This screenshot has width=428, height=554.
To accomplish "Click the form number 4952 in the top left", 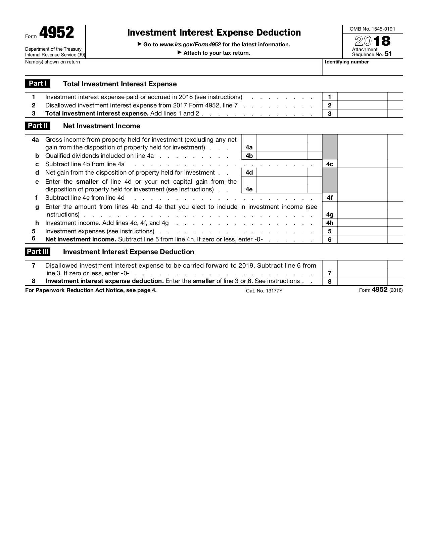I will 56,33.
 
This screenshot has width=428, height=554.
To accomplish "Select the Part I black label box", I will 38,84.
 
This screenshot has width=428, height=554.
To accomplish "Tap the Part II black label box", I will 38,126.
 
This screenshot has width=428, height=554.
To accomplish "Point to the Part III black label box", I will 38,251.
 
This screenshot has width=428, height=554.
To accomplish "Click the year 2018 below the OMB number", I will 373,41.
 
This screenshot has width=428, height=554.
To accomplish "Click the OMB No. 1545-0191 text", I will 372,29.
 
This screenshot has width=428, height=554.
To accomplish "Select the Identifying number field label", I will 347,62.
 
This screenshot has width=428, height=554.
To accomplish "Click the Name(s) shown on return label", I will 52,62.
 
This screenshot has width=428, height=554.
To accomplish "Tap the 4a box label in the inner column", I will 249,147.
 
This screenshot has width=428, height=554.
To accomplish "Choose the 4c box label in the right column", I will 330,164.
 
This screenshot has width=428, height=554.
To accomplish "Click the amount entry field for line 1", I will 362,97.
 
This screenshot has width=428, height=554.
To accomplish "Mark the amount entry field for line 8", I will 362,281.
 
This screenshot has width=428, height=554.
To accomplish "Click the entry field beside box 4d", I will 282,172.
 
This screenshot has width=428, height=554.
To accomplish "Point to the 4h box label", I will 330,223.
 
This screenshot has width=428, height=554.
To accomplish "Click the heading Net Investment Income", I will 101,126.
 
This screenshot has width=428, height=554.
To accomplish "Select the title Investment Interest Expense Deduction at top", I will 214,33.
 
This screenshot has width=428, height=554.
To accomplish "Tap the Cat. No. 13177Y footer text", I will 264,291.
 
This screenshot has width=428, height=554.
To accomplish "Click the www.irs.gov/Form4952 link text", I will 190,44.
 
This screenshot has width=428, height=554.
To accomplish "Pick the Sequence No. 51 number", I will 388,54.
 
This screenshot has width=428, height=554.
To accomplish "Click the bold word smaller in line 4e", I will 87,182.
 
